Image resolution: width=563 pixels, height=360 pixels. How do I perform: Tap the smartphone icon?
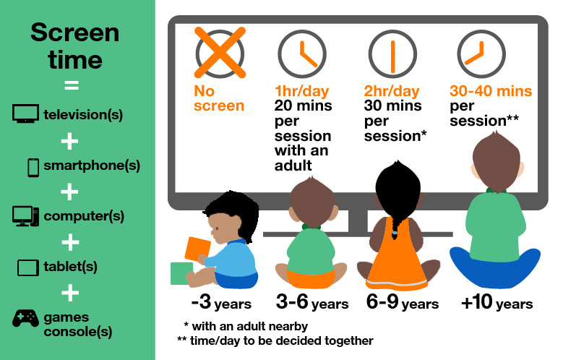[33, 166]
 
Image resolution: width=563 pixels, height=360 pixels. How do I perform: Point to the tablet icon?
[28, 267]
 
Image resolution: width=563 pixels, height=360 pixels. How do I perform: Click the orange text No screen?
[219, 99]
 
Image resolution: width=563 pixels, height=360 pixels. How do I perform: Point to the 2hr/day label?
[391, 92]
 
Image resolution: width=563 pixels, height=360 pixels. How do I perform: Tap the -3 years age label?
[212, 302]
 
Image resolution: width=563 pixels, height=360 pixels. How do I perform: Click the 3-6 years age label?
[312, 302]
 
